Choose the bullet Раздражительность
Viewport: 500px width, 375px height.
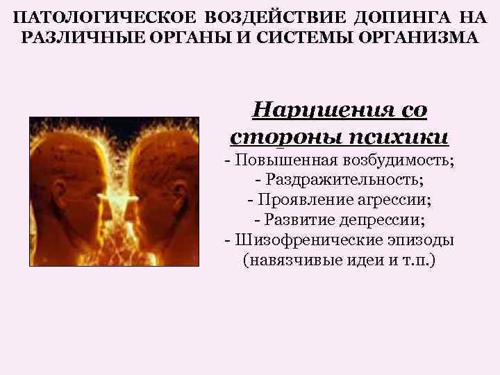(341, 180)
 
